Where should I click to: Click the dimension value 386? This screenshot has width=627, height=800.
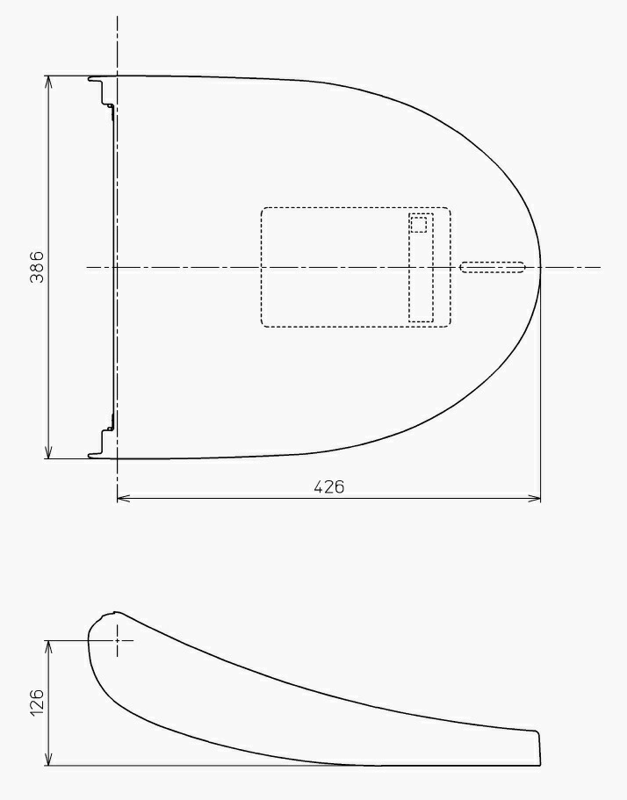[x=37, y=267]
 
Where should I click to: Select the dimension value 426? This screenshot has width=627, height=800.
[x=329, y=487]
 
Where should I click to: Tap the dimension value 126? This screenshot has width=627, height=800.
[x=37, y=703]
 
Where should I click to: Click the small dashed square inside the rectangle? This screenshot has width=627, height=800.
[x=418, y=225]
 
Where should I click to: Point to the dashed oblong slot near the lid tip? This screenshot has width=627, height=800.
[x=493, y=267]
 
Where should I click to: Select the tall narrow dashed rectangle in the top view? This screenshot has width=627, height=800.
[x=421, y=268]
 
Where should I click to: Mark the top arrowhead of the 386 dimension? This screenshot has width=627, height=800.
[x=48, y=83]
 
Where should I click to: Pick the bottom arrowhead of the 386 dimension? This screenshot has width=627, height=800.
[x=48, y=452]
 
